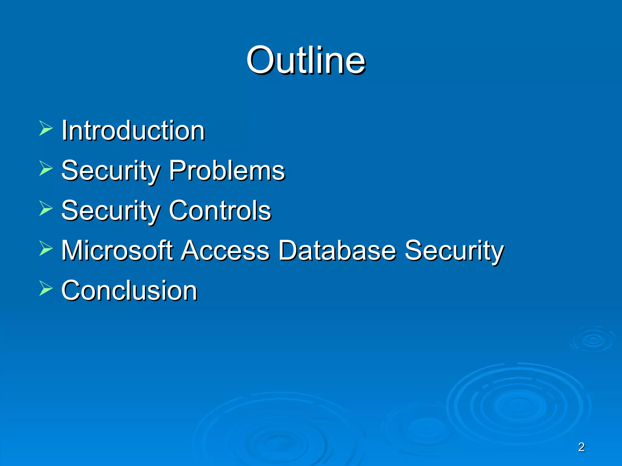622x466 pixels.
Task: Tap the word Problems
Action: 227,171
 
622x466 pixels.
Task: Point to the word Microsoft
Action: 117,250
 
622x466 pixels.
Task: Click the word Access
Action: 225,250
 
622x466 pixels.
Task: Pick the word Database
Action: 337,250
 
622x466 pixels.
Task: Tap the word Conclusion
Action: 129,290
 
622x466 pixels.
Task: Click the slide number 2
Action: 581,447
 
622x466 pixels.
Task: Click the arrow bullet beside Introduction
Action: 46,128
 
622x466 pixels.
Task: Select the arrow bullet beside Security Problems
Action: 46,168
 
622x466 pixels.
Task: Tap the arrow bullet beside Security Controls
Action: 46,208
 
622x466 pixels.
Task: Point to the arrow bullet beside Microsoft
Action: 46,248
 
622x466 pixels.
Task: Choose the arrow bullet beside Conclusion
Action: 46,288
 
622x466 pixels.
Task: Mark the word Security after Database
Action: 454,250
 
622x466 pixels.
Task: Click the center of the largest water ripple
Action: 518,407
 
